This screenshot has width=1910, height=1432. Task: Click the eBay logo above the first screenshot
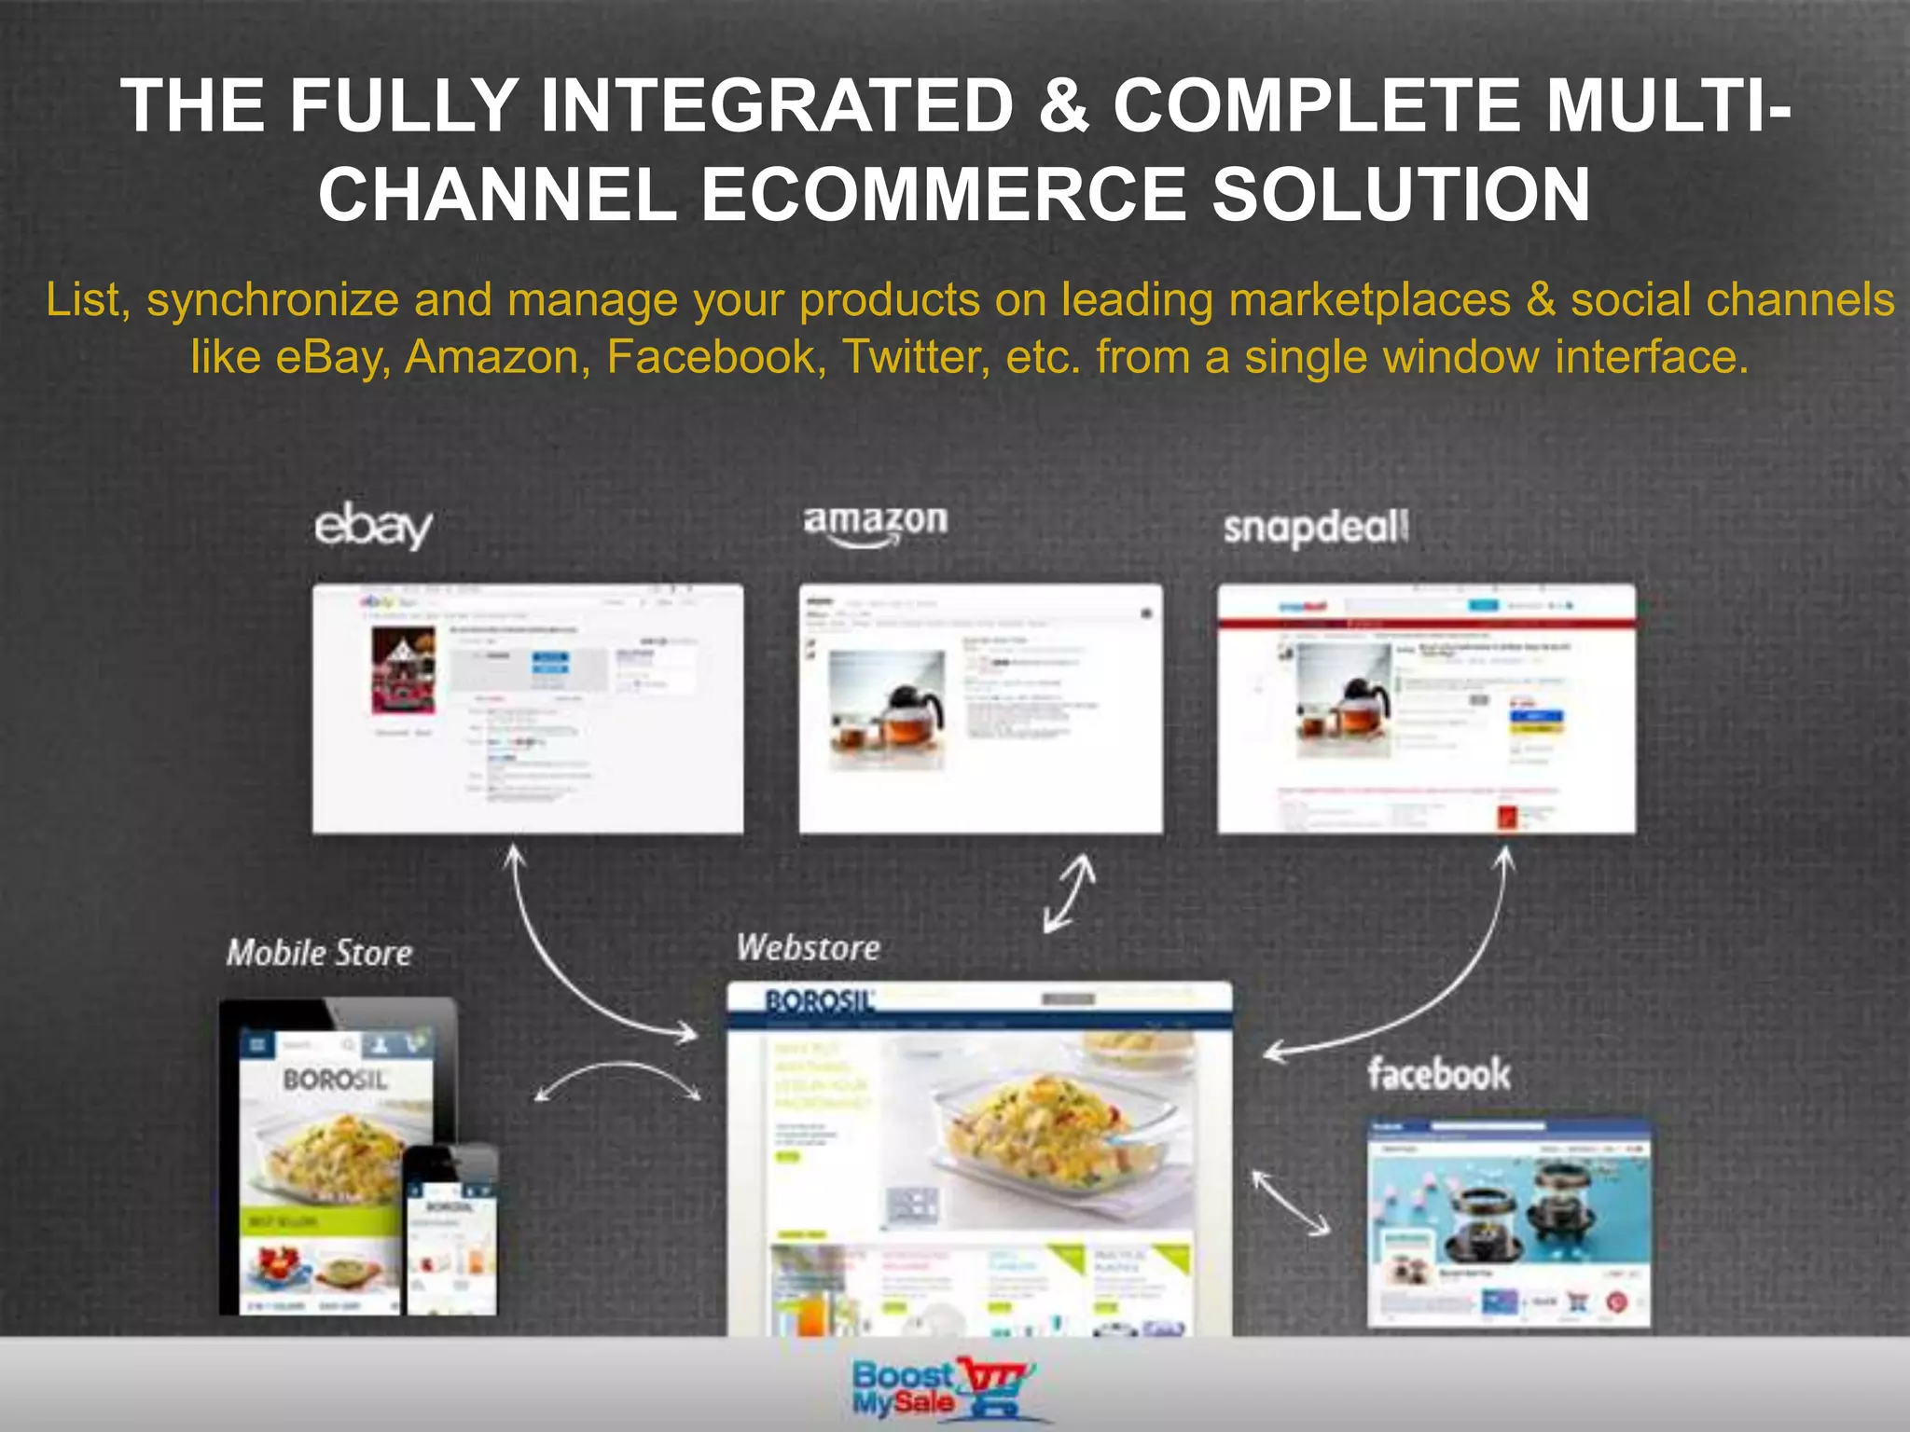pos(373,527)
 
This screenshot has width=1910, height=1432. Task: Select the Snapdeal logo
pos(1315,529)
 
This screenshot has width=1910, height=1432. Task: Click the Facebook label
pos(1438,1074)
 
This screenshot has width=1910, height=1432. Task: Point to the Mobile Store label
pos(319,953)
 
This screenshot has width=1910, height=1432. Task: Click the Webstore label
pos(808,948)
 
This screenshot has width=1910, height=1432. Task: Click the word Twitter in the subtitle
pos(915,357)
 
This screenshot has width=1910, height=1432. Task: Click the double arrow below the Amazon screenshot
pos(1069,893)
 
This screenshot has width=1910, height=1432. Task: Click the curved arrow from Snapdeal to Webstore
pos(1436,988)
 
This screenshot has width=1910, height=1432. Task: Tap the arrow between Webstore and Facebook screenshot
pos(1291,1204)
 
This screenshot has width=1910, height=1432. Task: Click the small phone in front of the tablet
pos(451,1231)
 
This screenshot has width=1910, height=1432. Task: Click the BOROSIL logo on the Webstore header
pos(819,1002)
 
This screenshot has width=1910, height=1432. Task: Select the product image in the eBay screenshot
pos(403,669)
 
